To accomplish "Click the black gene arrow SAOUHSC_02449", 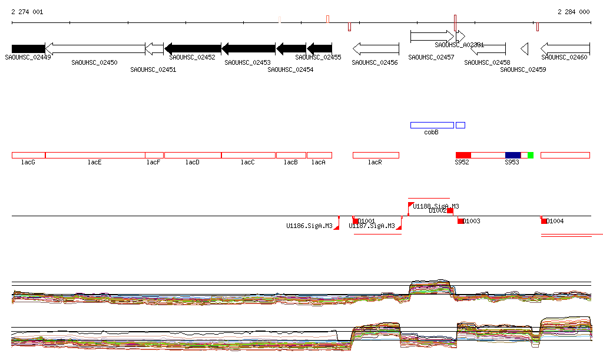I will click(28, 48).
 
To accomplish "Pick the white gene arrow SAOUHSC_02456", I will click(376, 48).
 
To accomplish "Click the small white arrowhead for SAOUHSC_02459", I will click(524, 48).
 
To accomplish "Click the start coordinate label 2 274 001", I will click(27, 12).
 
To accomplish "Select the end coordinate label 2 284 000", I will click(574, 12).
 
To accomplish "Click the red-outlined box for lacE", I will click(95, 155).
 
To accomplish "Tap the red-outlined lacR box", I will click(376, 155).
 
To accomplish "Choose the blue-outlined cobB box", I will click(432, 125).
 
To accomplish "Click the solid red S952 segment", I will click(463, 155).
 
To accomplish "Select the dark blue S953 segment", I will click(513, 155).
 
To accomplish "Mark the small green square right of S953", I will click(531, 155).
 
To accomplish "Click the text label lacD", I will click(193, 162).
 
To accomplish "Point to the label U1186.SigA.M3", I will click(309, 226).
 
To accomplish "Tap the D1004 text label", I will click(555, 222).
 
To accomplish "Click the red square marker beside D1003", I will click(460, 221).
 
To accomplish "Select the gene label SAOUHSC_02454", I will click(290, 70).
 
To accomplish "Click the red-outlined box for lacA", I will click(319, 155).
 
